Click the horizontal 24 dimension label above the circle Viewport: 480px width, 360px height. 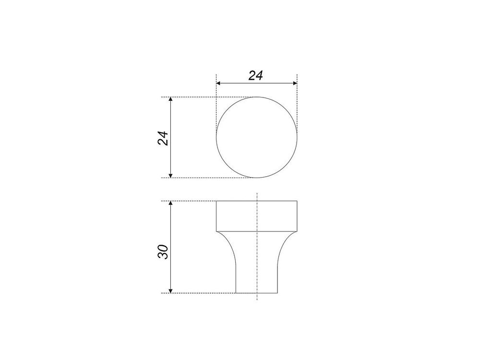coord(255,75)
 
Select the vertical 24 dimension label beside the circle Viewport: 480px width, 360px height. coord(163,138)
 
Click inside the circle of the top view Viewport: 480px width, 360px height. coord(256,137)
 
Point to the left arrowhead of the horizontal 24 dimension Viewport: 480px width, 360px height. coord(219,84)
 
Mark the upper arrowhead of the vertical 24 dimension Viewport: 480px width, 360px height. coord(171,100)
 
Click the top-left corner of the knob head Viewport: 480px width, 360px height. coord(216,201)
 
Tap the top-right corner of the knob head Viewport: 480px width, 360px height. coord(297,201)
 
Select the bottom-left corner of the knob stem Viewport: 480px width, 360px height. coord(236,293)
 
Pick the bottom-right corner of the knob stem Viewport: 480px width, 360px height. coord(277,293)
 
